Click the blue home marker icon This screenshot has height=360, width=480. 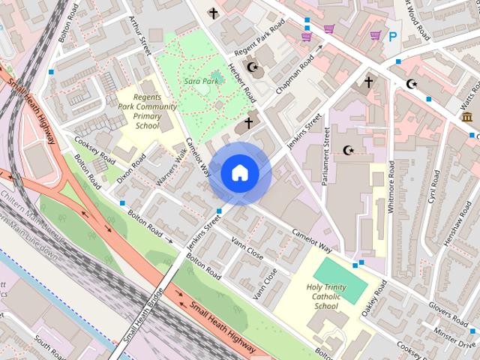pos(240,173)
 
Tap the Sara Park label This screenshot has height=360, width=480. pos(200,80)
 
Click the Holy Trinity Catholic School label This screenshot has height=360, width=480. pos(328,296)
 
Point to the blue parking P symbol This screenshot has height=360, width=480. pos(392,36)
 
